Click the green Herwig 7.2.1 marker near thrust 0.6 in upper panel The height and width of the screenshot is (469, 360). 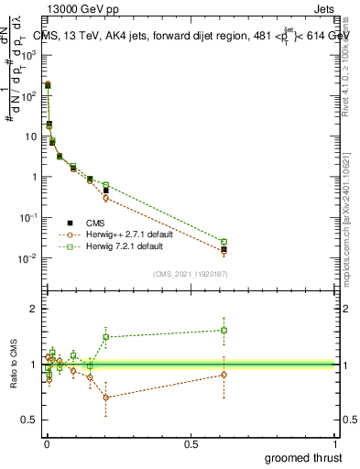click(224, 242)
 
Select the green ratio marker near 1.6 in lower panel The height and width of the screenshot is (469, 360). click(224, 330)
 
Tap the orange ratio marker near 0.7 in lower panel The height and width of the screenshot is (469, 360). click(106, 397)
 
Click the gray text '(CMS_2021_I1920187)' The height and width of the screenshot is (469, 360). click(190, 273)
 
